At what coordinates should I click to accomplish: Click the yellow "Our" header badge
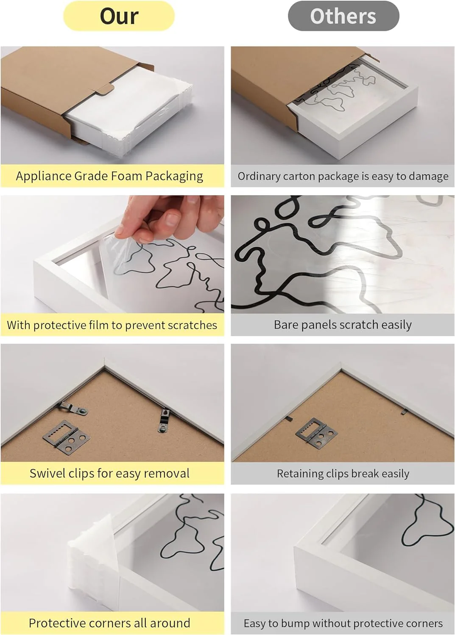[x=119, y=16]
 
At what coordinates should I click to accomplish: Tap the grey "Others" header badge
[x=343, y=16]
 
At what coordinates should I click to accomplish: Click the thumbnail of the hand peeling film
[x=112, y=254]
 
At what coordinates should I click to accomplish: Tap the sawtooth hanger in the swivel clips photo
[x=66, y=437]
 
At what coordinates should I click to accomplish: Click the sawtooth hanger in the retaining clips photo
[x=316, y=432]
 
